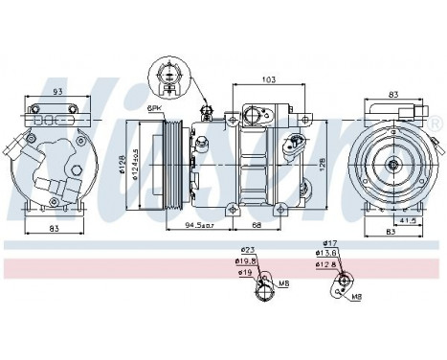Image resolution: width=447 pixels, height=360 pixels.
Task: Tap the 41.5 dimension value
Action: coord(408,220)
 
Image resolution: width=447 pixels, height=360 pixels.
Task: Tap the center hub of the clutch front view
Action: coord(392,165)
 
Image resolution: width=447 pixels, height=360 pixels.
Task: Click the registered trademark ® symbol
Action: coord(436,125)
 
